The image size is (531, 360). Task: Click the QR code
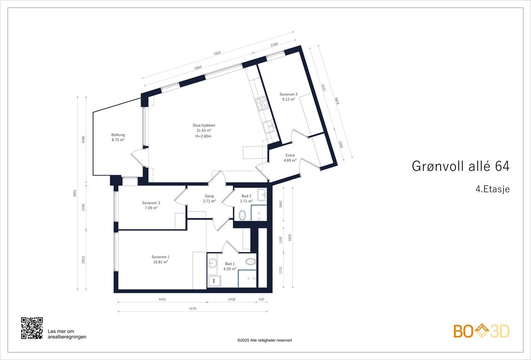tap(32, 328)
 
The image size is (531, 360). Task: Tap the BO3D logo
tap(481, 331)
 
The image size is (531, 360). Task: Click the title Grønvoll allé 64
tap(460, 166)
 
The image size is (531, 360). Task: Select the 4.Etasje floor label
tap(492, 189)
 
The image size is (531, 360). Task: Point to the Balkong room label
tap(118, 137)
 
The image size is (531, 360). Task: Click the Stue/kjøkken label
tap(204, 130)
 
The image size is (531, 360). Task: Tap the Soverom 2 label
tap(288, 97)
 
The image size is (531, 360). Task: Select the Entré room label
tap(290, 158)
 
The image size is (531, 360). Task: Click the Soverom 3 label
tap(151, 205)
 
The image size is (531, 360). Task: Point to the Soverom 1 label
tap(160, 259)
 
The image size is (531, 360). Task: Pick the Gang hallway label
tap(209, 198)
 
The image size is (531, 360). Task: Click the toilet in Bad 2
tap(242, 215)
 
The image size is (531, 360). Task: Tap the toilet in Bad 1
tap(250, 262)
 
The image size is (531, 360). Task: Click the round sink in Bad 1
tap(212, 262)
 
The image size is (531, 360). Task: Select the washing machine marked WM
tap(214, 281)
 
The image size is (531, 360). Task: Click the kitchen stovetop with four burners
tap(261, 103)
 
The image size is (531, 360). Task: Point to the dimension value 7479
tap(192, 308)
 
